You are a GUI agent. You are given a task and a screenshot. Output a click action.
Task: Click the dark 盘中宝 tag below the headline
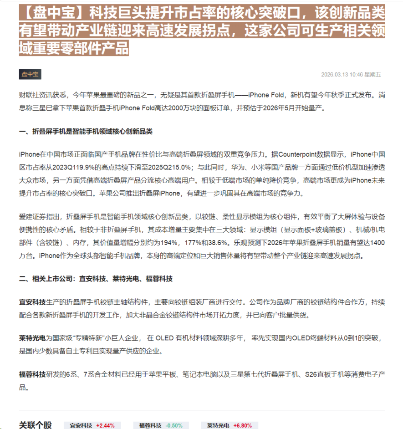[30, 74]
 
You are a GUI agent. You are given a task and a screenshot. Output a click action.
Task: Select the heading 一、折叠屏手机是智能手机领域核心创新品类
[86, 132]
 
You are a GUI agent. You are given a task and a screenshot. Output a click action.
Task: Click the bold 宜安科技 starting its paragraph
[32, 301]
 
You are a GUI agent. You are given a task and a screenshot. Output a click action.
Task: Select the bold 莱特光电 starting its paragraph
[32, 338]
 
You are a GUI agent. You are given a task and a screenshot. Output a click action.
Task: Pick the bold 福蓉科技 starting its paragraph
[32, 375]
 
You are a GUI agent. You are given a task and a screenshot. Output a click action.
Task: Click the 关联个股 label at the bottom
[35, 425]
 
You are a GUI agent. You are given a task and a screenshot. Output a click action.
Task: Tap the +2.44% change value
[105, 425]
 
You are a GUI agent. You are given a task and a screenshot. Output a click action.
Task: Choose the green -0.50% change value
[174, 425]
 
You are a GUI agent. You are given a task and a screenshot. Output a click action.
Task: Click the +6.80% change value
[243, 425]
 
